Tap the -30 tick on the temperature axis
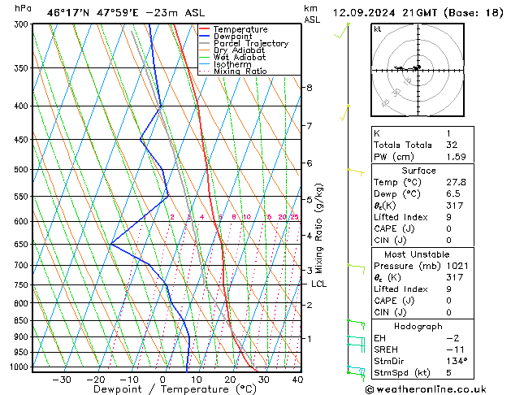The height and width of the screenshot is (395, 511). [62, 379]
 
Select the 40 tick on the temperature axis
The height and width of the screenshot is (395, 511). [297, 379]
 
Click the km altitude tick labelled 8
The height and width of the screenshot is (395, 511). [309, 87]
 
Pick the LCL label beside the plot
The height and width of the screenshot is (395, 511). [318, 284]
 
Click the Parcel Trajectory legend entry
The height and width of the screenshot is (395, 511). [250, 44]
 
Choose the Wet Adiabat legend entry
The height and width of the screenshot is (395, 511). [240, 58]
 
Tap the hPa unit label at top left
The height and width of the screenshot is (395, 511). [24, 9]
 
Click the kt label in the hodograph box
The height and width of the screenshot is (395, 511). [377, 28]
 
